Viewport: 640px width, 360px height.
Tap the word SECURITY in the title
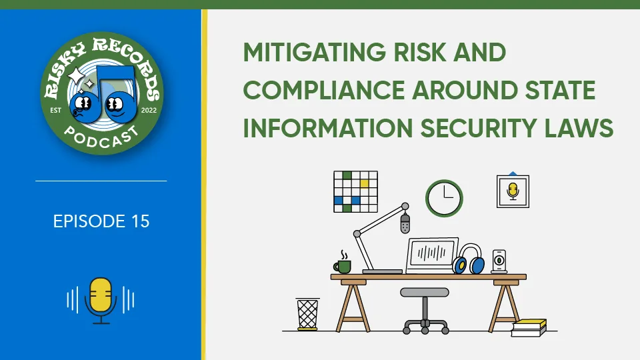pyautogui.click(x=478, y=128)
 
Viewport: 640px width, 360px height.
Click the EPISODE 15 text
pyautogui.click(x=101, y=221)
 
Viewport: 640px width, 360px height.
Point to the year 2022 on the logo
pyautogui.click(x=149, y=110)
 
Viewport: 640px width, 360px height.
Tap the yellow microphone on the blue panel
pyautogui.click(x=101, y=301)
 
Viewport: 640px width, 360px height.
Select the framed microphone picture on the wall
pyautogui.click(x=513, y=191)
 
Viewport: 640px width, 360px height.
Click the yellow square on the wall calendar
pyautogui.click(x=365, y=184)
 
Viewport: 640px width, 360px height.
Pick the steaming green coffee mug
pyautogui.click(x=343, y=264)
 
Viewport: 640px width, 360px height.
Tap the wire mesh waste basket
pyautogui.click(x=307, y=314)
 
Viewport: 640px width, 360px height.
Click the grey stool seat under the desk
pyautogui.click(x=425, y=292)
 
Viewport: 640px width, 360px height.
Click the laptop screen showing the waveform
pyautogui.click(x=432, y=253)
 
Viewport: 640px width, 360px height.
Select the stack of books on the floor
pyautogui.click(x=529, y=328)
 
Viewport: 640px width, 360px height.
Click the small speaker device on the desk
pyautogui.click(x=499, y=261)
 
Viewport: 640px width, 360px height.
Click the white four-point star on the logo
pyautogui.click(x=76, y=76)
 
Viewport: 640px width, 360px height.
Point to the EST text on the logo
pyautogui.click(x=55, y=110)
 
